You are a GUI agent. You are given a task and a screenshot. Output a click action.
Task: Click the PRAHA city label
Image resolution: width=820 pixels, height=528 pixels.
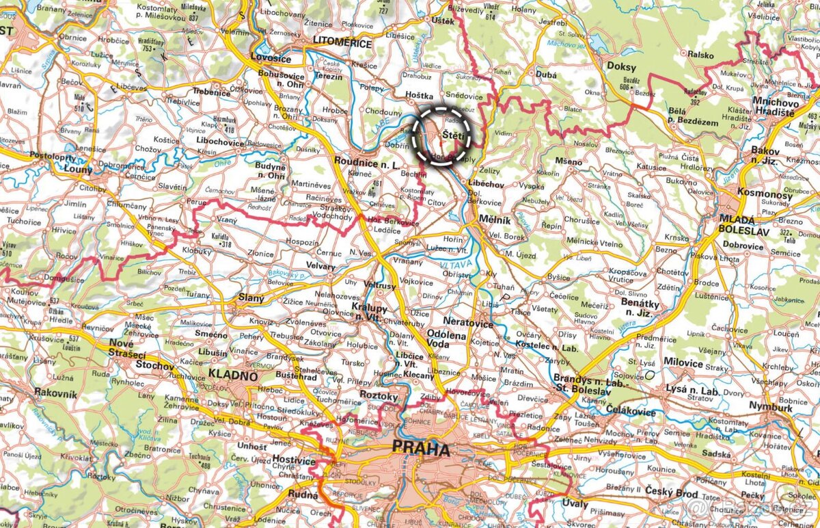pos(420,450)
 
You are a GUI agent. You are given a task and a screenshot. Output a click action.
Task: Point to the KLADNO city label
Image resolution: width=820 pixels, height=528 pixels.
pos(233,376)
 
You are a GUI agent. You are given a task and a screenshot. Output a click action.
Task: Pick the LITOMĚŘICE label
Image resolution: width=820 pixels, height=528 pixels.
pos(342,43)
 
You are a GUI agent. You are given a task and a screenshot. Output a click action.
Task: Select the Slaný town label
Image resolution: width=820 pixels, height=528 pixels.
pos(251,297)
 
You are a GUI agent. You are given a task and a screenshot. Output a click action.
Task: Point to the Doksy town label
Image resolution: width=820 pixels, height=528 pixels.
pos(620,68)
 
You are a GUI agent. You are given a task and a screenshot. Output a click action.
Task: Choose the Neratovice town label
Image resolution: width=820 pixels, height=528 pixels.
pos(468,321)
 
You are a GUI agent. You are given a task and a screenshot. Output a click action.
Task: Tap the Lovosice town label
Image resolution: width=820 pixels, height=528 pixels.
pos(271,57)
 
